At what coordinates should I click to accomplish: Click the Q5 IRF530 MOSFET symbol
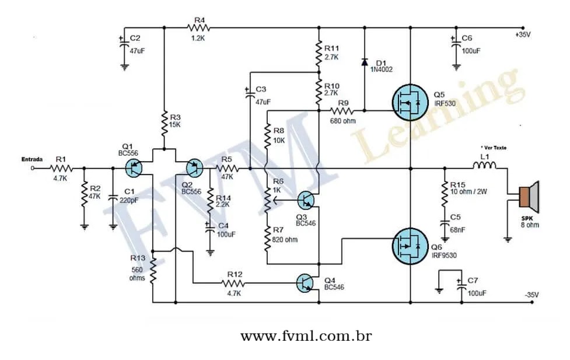[x=409, y=102]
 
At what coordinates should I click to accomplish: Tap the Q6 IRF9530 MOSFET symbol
[x=409, y=246]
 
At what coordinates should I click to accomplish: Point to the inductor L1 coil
[x=484, y=167]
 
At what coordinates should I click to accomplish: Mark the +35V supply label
[x=523, y=36]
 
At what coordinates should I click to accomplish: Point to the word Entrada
[x=33, y=159]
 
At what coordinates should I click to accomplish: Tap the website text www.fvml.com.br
[x=306, y=337]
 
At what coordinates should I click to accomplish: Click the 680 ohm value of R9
[x=342, y=121]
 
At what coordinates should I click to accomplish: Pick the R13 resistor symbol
[x=153, y=271]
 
